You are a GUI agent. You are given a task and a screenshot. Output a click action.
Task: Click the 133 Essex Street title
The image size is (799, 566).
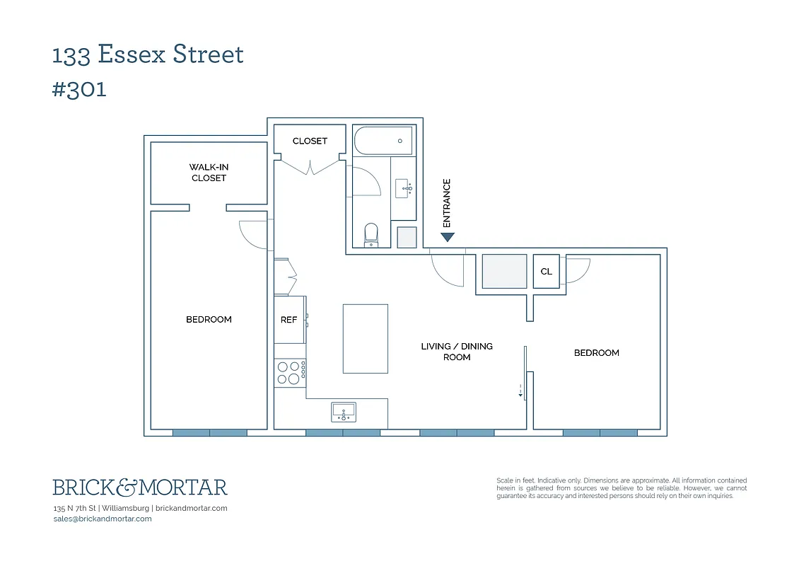coord(148,54)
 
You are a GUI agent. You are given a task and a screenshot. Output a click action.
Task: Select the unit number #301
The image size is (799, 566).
coord(79,90)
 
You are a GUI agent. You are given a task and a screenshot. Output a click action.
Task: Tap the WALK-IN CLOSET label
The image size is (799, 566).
coord(209,173)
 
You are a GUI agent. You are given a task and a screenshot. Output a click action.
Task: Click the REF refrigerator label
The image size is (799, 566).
coord(288,320)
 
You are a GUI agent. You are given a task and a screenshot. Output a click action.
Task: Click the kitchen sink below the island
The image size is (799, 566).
coord(344,411)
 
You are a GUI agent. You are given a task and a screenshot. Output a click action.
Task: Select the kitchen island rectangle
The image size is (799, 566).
coord(365,338)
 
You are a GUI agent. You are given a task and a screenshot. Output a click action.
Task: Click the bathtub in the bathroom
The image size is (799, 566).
coord(383,140)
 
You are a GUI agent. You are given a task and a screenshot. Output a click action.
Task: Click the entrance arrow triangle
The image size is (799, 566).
coord(447,237)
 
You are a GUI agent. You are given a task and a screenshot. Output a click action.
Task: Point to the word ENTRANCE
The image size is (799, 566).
coord(447,203)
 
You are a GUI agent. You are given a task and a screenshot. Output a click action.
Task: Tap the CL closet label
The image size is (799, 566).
coord(546,272)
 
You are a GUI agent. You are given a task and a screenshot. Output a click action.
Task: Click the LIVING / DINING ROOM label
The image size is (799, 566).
coord(457,352)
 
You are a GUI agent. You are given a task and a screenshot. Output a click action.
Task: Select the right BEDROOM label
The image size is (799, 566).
coord(596,353)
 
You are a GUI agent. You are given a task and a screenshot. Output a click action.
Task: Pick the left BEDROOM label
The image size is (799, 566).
coord(209,320)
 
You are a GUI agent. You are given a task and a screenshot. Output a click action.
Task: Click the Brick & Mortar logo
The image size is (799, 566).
coord(140,487)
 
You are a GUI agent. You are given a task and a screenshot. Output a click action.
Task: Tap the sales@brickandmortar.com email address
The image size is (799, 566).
coord(103,519)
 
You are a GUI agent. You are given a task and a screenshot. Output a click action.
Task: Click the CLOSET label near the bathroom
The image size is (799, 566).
coord(310,141)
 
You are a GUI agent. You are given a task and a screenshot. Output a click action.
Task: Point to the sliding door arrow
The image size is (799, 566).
coord(520,391)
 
